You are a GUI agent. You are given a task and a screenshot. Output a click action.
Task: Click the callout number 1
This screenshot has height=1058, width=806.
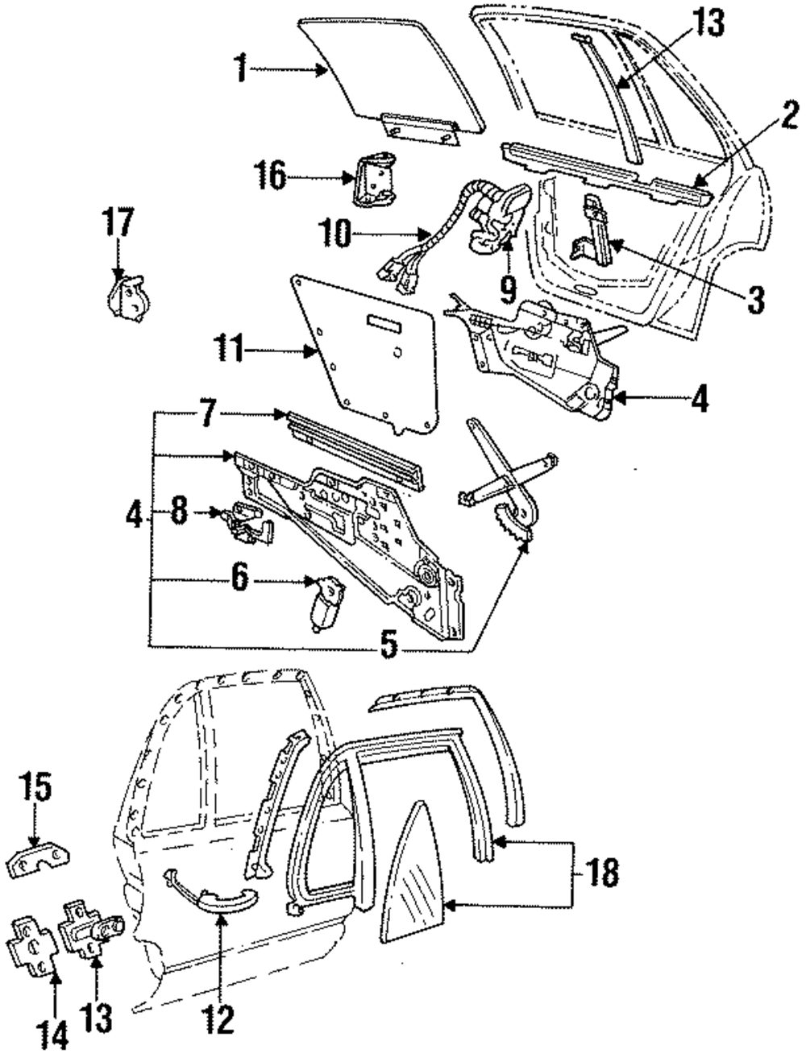tap(242, 69)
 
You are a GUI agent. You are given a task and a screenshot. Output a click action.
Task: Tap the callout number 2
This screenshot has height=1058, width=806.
tap(788, 117)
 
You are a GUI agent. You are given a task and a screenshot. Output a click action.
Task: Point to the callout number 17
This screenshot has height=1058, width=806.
tap(118, 222)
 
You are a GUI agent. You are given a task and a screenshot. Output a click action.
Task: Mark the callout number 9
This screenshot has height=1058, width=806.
tap(508, 290)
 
